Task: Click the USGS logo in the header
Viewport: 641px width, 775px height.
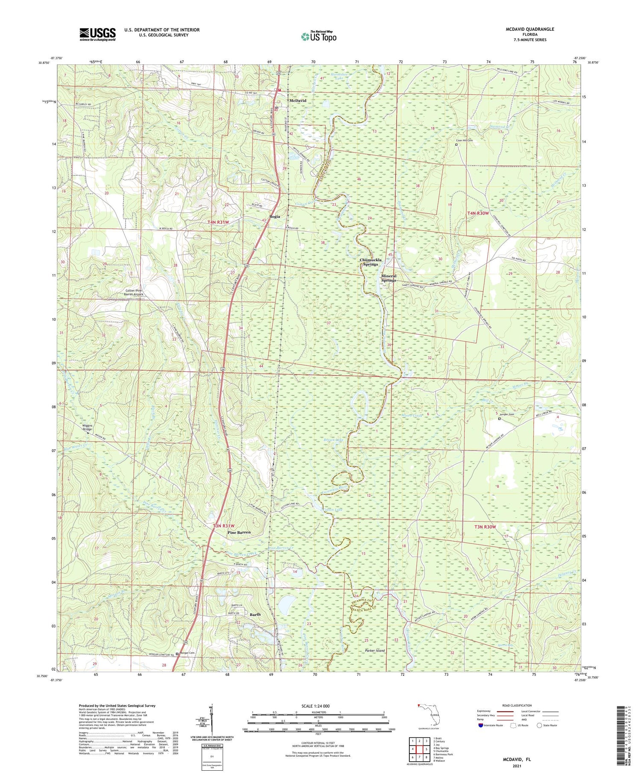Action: (x=97, y=34)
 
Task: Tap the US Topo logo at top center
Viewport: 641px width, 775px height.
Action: (x=318, y=37)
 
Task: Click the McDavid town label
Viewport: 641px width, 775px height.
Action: (x=298, y=100)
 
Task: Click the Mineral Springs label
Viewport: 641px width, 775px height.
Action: (x=388, y=278)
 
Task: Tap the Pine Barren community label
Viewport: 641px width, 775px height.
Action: (x=239, y=533)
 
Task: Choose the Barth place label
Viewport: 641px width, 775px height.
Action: (x=255, y=614)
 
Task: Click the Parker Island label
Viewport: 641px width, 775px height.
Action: (x=375, y=651)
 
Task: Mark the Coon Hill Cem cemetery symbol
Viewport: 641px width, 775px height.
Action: (x=456, y=145)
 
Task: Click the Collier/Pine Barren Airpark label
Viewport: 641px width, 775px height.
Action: (x=133, y=292)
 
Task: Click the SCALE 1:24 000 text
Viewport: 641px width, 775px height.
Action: (x=318, y=706)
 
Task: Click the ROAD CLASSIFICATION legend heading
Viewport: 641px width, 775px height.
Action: (x=517, y=705)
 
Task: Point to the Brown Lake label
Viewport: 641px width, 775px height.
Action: (x=333, y=439)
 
